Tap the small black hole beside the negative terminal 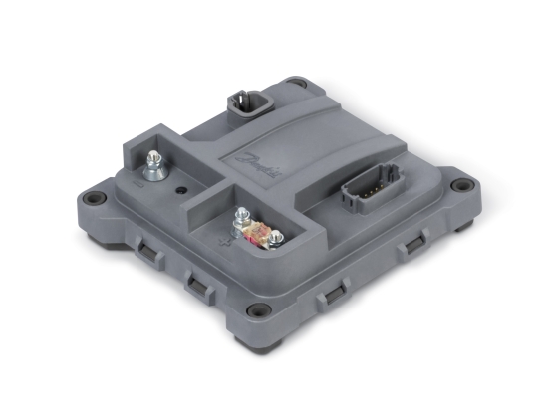180,188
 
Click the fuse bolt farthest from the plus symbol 278,238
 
